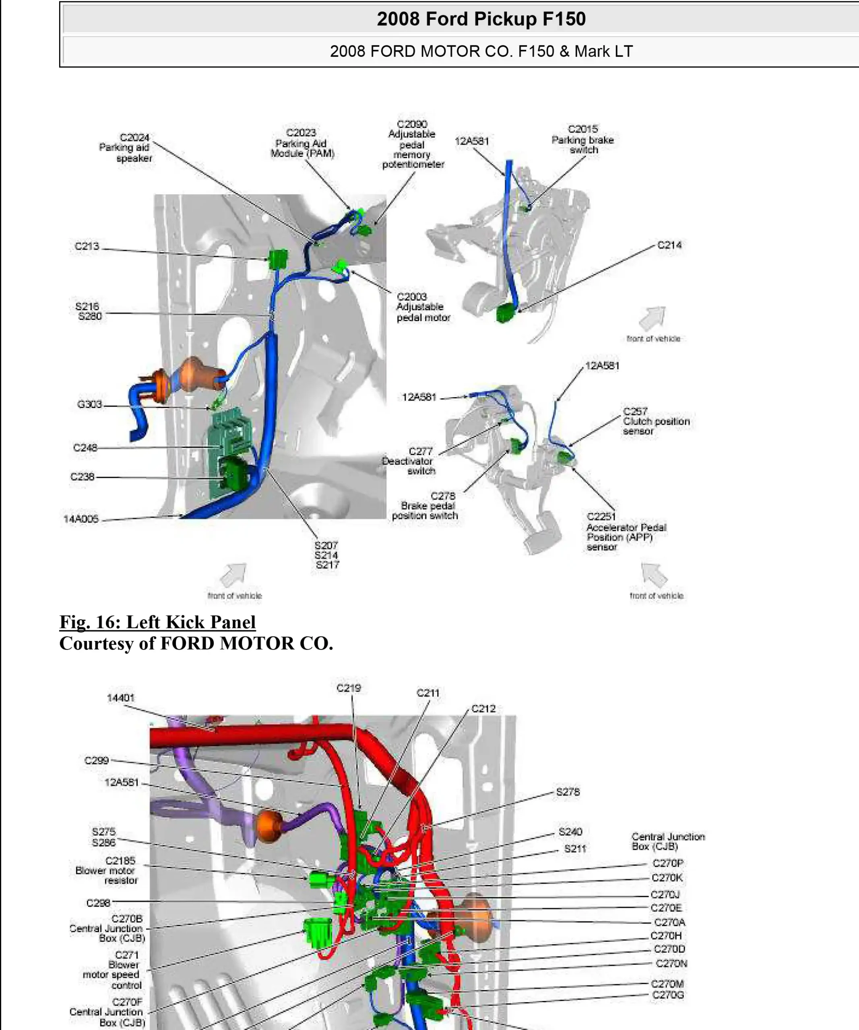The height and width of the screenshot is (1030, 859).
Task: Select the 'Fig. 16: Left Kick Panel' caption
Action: tap(157, 622)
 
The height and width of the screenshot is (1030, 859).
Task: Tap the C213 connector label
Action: tap(87, 246)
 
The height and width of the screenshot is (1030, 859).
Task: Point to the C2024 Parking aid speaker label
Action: tap(126, 148)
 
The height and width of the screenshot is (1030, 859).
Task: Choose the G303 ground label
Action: tap(90, 404)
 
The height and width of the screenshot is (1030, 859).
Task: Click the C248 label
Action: tap(85, 448)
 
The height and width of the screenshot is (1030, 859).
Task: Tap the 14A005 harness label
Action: tap(81, 519)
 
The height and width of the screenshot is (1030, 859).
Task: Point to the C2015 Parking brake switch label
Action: tap(583, 140)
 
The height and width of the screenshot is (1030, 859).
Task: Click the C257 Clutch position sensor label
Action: tap(656, 421)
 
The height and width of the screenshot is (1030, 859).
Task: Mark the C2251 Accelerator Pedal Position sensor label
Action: tap(626, 531)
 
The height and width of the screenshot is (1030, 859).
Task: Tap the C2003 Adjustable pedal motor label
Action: tap(423, 307)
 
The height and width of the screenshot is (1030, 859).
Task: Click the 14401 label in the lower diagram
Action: tap(121, 698)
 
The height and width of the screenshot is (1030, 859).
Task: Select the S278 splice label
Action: tap(568, 792)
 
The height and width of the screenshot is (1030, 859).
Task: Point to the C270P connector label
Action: tap(668, 863)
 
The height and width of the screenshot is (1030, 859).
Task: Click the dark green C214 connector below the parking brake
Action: tap(505, 313)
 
